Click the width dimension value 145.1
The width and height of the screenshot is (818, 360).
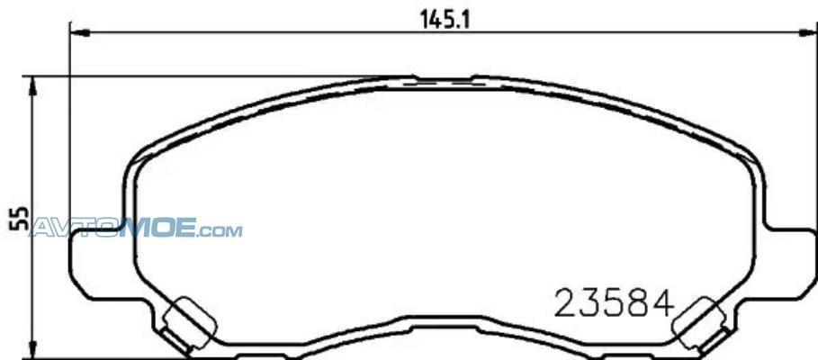(x=445, y=21)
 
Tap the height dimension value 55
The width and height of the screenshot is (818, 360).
(x=19, y=219)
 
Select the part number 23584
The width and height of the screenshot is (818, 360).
(x=614, y=304)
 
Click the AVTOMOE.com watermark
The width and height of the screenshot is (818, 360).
(x=136, y=228)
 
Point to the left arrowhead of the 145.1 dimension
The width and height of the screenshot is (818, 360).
(x=80, y=33)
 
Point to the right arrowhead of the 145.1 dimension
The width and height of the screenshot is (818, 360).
(x=808, y=33)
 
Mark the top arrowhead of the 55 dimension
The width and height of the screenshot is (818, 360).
(x=33, y=86)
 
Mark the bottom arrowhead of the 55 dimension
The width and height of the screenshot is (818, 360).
(x=33, y=349)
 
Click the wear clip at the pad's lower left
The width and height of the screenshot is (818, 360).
(x=185, y=324)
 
